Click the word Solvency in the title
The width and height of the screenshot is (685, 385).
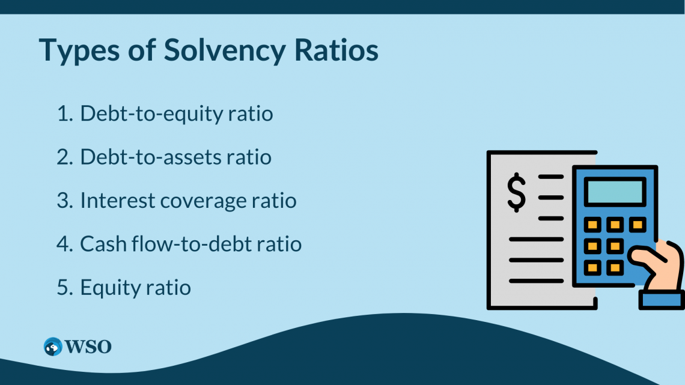(x=225, y=50)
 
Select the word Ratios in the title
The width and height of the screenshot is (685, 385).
(x=336, y=50)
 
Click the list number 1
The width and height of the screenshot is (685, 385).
(x=64, y=114)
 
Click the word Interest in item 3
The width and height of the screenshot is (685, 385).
(x=117, y=201)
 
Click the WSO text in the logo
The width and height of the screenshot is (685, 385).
(x=88, y=347)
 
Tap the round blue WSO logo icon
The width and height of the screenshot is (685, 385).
(x=53, y=347)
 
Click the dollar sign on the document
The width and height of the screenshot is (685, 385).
(x=516, y=192)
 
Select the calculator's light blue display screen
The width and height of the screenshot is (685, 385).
(x=615, y=191)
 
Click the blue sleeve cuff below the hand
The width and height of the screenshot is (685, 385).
(x=662, y=300)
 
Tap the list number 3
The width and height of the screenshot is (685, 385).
(x=65, y=201)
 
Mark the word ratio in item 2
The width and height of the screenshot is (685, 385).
(x=249, y=157)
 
